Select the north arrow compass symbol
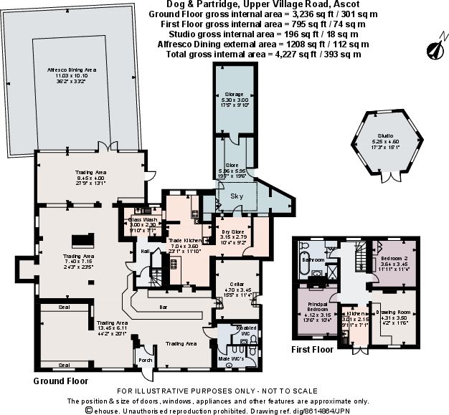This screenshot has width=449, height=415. [433, 49]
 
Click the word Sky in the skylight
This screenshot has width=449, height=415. [236, 195]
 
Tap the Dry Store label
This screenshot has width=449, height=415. [232, 232]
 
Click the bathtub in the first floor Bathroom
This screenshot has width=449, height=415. [307, 259]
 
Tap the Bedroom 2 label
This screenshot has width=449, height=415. [394, 258]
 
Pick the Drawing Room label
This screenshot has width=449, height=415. [392, 312]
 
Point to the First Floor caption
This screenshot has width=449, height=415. [312, 350]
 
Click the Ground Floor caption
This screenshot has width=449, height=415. [60, 381]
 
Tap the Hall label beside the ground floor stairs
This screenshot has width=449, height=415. [143, 251]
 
